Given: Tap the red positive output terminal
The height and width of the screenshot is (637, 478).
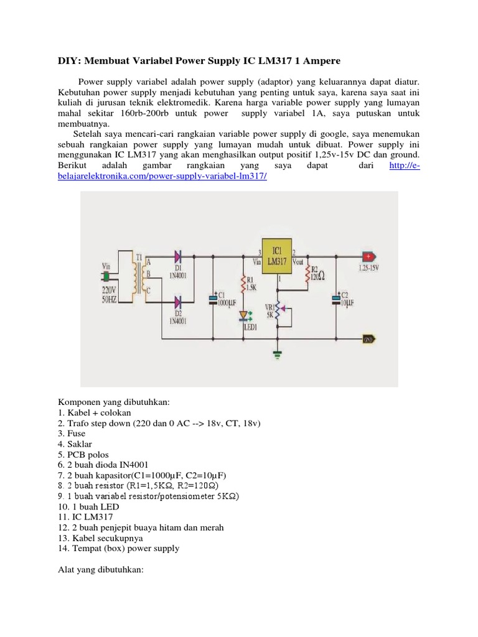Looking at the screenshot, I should (370, 256).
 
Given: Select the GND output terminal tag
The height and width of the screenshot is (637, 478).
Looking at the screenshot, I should (368, 339).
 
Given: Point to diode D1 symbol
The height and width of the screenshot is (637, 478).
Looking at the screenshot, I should (177, 256).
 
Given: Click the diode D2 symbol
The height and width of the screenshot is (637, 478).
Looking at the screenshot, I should (177, 303).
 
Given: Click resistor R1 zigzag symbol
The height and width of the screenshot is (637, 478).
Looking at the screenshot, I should (244, 284).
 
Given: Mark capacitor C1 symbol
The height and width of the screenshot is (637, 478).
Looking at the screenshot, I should (214, 299).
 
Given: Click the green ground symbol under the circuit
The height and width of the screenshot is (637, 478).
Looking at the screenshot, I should (278, 355).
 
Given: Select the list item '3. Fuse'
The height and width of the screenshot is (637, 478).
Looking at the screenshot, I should (73, 434).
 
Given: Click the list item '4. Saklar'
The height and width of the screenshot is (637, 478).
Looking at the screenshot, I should (77, 445).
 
